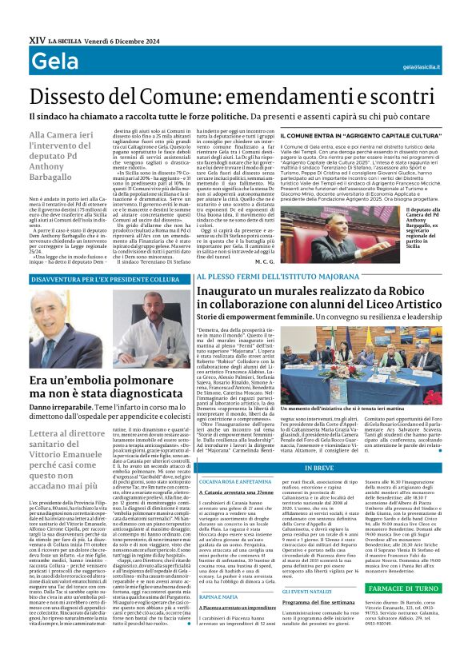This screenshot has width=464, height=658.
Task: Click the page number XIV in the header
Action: tap(15, 18)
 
